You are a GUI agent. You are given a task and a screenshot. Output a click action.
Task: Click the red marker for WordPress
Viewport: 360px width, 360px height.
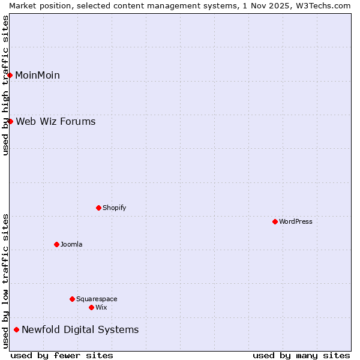pos(275,221)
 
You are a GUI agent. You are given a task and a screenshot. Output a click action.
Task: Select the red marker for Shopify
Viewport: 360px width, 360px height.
pos(98,208)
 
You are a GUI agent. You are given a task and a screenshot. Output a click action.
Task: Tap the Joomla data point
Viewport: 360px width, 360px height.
pos(56,244)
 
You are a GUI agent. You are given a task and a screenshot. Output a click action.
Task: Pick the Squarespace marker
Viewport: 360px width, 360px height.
pos(72,299)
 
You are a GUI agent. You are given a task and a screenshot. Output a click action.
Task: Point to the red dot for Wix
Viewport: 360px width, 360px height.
pos(91,307)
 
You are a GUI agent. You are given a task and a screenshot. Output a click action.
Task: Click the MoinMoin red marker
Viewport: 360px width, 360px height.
pos(10,75)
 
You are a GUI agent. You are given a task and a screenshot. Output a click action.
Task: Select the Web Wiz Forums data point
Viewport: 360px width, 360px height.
pos(10,121)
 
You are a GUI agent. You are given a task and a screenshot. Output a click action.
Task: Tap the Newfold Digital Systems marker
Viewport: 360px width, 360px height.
pos(16,329)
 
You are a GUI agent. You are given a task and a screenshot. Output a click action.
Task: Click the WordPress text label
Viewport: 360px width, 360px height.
pos(296,221)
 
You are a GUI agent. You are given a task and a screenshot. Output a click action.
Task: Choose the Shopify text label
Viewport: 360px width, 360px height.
pos(114,208)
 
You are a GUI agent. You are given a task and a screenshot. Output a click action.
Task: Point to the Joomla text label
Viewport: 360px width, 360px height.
pos(71,244)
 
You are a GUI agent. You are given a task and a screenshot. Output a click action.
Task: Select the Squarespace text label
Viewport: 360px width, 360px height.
pos(97,299)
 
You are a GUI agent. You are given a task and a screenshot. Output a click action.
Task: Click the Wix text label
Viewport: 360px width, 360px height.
pos(101,307)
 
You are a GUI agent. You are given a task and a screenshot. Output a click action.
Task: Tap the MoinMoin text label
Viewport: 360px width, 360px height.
pos(37,75)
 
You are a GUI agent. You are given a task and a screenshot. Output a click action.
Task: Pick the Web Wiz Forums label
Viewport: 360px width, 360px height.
pos(55,121)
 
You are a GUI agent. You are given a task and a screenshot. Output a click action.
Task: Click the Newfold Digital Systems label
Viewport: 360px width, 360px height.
pos(80,329)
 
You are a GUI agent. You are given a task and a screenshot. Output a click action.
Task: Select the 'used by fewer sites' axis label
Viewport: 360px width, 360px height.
pos(62,355)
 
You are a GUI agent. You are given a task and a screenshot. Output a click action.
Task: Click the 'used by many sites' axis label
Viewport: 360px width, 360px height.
pos(301,355)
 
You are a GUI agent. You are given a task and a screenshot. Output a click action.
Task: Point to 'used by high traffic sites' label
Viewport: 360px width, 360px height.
pos(5,85)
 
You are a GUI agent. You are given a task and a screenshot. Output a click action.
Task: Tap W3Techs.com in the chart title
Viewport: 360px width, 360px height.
pos(322,5)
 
